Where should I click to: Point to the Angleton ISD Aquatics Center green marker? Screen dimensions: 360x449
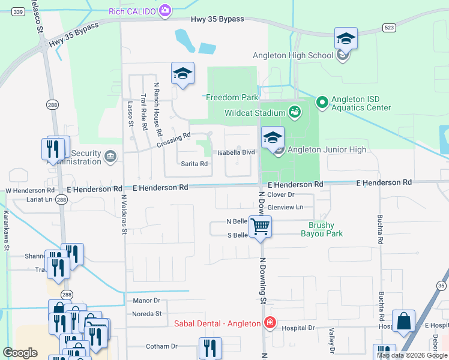[x=322, y=103]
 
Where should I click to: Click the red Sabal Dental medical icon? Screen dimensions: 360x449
[x=270, y=323]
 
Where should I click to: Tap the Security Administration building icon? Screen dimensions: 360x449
[x=110, y=157]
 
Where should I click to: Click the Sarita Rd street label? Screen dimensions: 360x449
[x=194, y=163]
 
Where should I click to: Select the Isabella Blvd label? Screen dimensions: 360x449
[x=236, y=152]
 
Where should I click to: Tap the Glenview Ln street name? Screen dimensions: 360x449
[x=285, y=207]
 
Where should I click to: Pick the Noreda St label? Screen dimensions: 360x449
[x=146, y=313]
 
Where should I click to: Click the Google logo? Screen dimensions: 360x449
[x=20, y=352]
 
